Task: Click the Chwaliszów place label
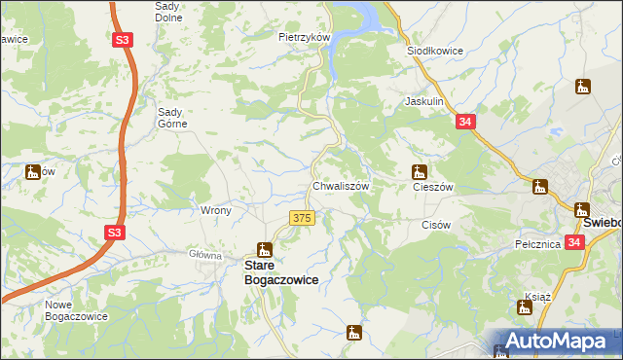point(339,186)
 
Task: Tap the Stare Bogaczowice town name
point(280,271)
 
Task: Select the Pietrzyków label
point(306,37)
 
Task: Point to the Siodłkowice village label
point(434,50)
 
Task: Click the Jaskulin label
point(424,101)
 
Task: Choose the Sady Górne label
point(178,117)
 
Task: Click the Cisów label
point(436,225)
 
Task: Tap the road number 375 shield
point(302,219)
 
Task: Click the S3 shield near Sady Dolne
point(122,40)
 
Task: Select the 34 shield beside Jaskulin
point(465,122)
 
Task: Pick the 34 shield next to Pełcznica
point(574,242)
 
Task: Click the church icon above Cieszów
point(420,171)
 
